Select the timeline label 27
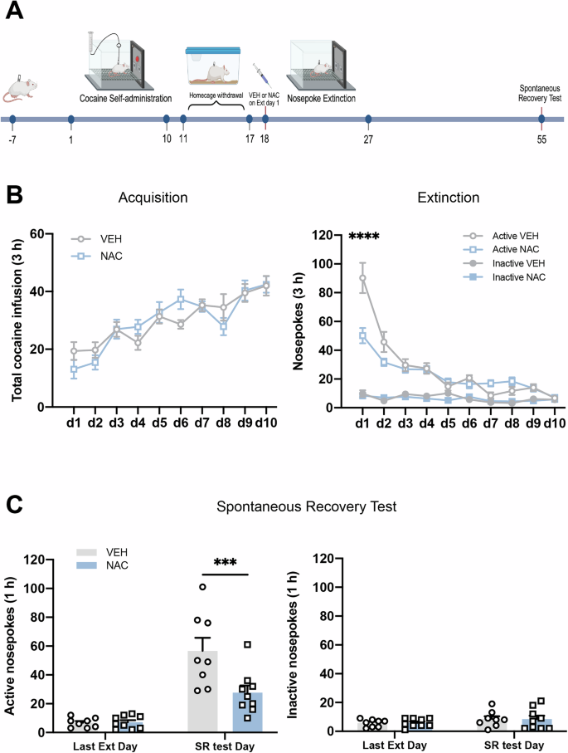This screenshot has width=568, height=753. pyautogui.click(x=368, y=139)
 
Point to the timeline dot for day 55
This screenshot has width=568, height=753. pyautogui.click(x=541, y=119)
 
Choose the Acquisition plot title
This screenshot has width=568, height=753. pyautogui.click(x=153, y=198)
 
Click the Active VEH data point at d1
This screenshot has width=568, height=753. pyautogui.click(x=362, y=278)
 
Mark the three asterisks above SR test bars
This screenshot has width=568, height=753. pyautogui.click(x=224, y=561)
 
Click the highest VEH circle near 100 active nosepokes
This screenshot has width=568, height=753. pyautogui.click(x=201, y=587)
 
